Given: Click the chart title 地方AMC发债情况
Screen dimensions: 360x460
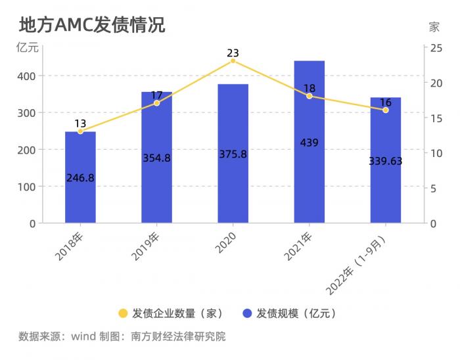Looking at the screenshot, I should tap(91, 25).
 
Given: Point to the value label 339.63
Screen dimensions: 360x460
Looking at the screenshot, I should tap(385, 161).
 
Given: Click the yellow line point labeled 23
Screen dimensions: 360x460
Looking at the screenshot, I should tap(233, 60).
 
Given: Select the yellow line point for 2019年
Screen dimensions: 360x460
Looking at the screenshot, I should tap(156, 103).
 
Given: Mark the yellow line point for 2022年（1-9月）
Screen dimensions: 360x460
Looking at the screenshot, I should tap(385, 110).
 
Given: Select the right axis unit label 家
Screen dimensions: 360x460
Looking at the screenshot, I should tap(434, 27).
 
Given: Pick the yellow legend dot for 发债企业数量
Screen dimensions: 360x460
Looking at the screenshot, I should tap(122, 313).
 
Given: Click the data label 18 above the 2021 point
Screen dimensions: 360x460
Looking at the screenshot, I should tap(309, 88).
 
